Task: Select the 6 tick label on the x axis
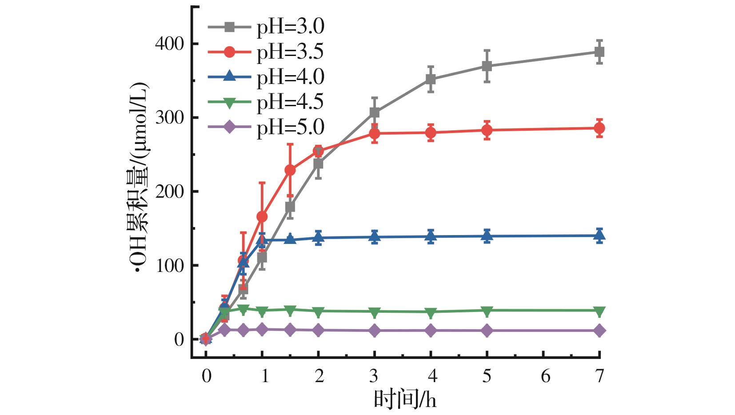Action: [x=545, y=376]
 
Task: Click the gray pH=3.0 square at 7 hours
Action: [x=599, y=52]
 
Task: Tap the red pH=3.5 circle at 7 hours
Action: [x=599, y=128]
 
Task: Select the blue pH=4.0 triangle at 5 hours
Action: [x=487, y=236]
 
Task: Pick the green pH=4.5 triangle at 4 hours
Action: [x=431, y=312]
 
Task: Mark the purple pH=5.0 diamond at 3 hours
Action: [x=375, y=331]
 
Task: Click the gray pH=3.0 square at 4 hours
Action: [x=431, y=79]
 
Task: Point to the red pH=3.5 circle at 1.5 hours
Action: [x=290, y=170]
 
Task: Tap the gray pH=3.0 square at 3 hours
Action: [x=375, y=112]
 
